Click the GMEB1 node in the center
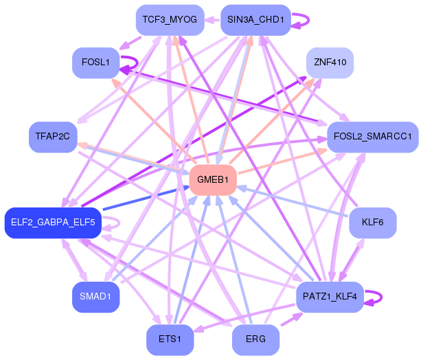click(213, 180)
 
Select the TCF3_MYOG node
click(170, 20)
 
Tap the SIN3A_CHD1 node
click(255, 20)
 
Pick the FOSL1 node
click(95, 63)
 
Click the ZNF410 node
click(330, 63)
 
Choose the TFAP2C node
click(53, 137)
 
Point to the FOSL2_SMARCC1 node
click(373, 137)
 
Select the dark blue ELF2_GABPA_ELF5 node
click(53, 223)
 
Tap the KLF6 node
click(373, 223)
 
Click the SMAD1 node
click(95, 297)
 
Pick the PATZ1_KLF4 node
click(330, 297)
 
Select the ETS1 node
click(170, 340)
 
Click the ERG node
click(255, 340)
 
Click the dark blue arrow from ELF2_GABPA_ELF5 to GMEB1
click(146, 198)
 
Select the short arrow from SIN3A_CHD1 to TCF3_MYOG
click(212, 20)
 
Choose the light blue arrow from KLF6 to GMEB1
click(292, 201)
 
